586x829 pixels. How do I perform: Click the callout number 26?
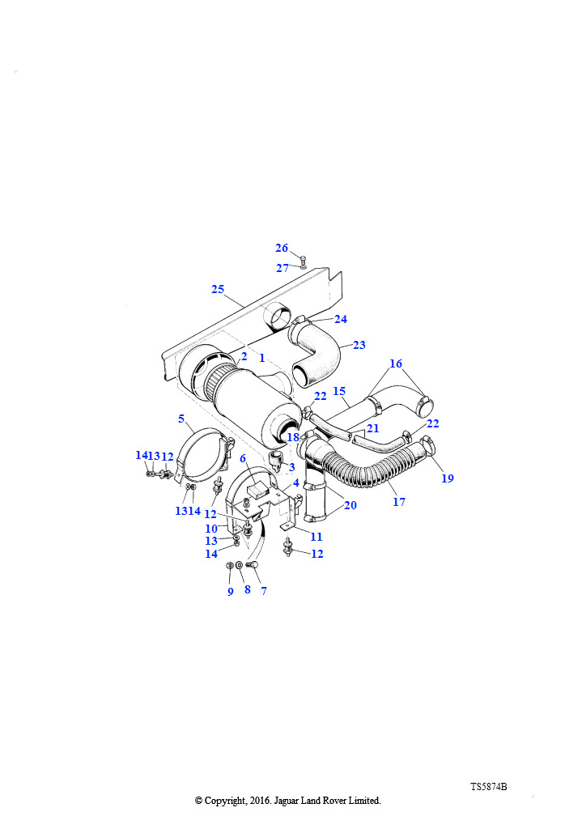pos(282,248)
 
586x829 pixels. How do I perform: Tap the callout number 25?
pos(218,289)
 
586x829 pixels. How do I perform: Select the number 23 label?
pos(359,345)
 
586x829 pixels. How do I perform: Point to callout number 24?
pos(341,319)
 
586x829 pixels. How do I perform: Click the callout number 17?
pos(399,502)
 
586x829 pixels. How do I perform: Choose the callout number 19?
pos(448,478)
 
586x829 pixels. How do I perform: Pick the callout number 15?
pos(339,391)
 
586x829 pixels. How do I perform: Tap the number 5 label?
pos(181,419)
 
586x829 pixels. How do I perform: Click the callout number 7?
pos(264,591)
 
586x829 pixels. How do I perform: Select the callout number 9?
pos(231,592)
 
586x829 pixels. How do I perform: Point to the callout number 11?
pos(316,537)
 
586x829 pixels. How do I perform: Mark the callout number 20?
pos(350,505)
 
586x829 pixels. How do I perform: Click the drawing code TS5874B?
pos(489,787)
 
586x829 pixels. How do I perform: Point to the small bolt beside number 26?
pos(303,259)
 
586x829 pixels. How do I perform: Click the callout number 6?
pos(243,458)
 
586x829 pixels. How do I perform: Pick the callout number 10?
pos(211,529)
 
